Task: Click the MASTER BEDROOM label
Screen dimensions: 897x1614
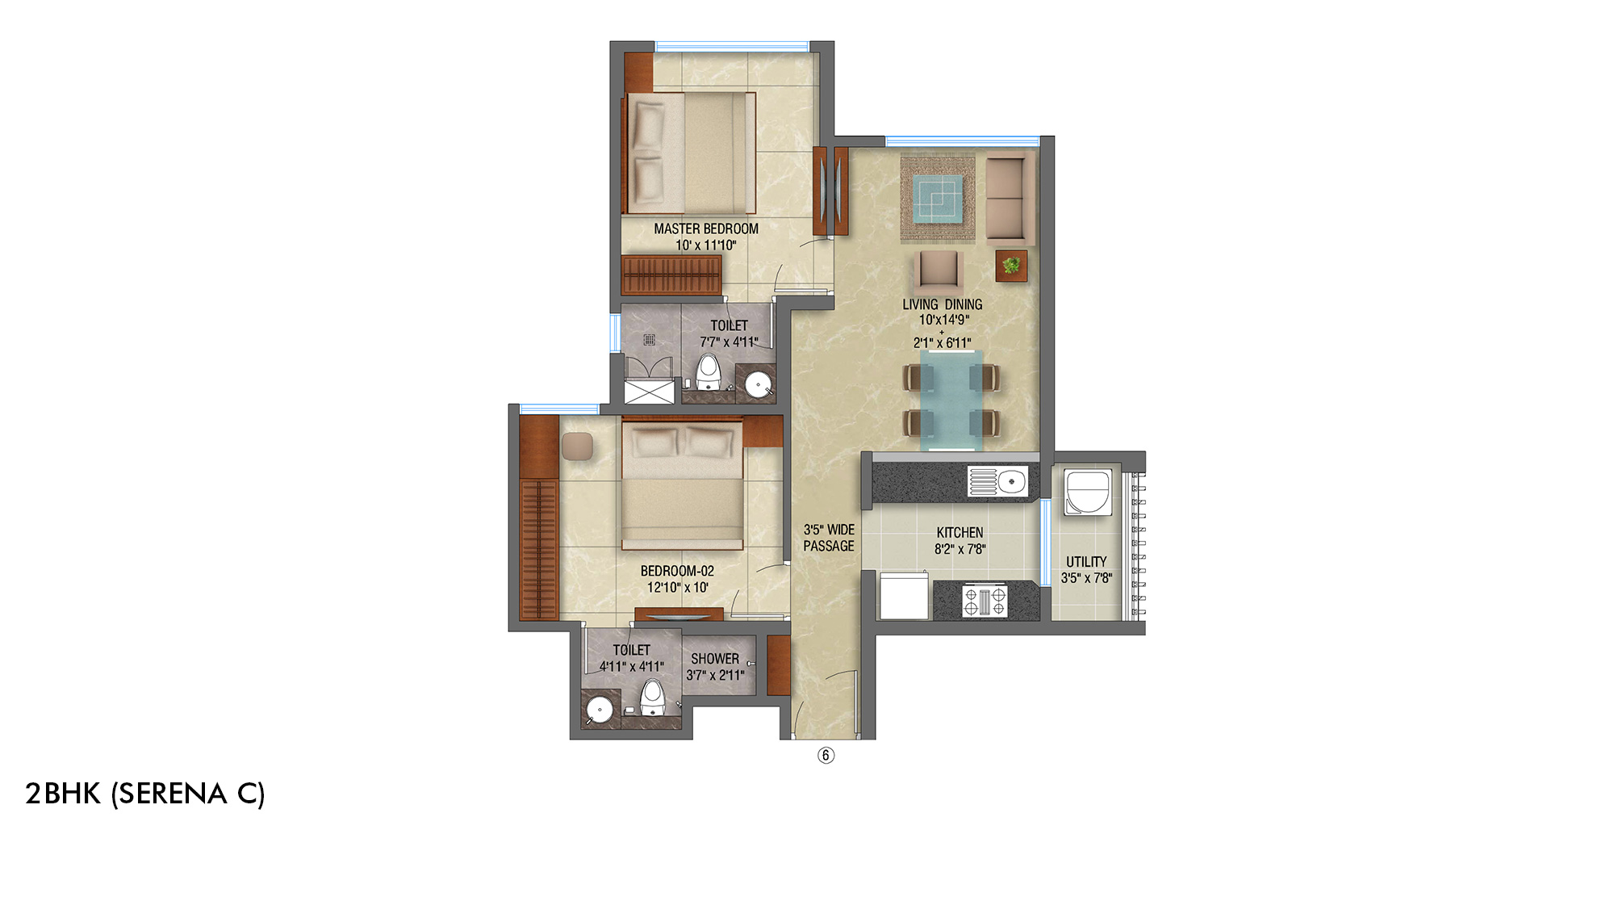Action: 706,229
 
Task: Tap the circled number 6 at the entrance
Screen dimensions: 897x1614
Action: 826,756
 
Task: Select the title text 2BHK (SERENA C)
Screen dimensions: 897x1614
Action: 145,794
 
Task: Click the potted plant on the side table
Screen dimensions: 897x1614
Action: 1011,265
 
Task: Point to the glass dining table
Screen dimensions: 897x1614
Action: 951,400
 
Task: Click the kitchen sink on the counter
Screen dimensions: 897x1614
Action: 1010,482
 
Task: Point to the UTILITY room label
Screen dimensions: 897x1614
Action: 1086,562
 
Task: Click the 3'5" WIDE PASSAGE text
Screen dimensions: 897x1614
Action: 829,538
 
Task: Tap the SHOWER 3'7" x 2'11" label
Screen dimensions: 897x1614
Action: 715,667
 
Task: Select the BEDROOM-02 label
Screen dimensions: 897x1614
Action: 677,571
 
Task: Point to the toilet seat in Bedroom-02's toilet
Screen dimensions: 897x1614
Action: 652,697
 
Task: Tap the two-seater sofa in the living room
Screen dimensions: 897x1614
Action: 1010,199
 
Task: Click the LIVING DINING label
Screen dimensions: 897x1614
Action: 942,304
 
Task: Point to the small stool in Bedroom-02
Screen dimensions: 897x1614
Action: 577,446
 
